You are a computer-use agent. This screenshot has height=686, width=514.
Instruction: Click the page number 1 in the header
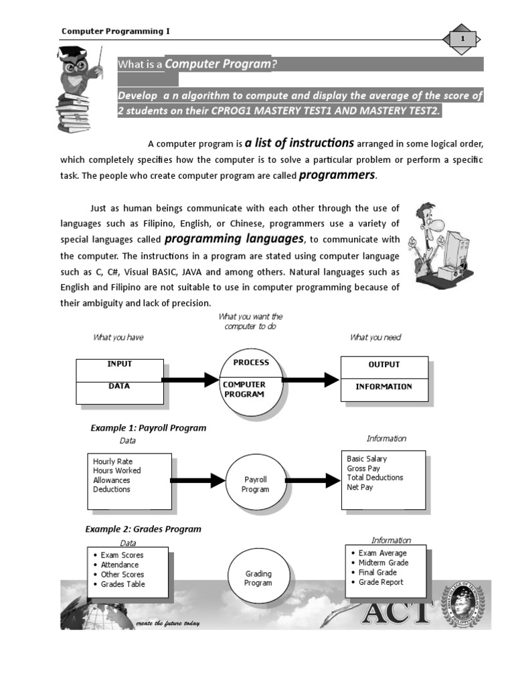[x=462, y=40]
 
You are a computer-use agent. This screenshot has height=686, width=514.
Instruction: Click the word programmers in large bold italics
[x=337, y=176]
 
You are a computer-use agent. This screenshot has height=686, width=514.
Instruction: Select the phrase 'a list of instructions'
[x=299, y=143]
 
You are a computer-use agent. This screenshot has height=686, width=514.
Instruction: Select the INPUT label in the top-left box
[x=120, y=364]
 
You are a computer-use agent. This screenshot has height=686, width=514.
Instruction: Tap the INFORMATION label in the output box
[x=383, y=387]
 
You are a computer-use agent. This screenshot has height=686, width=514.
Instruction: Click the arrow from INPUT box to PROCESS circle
[x=191, y=381]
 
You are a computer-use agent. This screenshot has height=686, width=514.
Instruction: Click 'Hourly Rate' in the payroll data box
[x=112, y=462]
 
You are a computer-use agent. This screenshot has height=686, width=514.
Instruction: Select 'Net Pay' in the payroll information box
[x=360, y=487]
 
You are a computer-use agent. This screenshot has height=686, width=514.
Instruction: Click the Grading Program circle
[x=258, y=578]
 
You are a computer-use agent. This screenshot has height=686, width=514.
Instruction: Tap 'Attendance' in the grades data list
[x=120, y=565]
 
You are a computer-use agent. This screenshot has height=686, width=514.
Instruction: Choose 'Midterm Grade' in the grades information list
[x=383, y=563]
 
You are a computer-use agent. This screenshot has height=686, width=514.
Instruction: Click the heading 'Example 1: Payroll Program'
[x=148, y=427]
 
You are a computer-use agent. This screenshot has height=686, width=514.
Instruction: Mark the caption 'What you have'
[x=118, y=338]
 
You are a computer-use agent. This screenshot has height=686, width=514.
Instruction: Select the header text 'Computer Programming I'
[x=112, y=31]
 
